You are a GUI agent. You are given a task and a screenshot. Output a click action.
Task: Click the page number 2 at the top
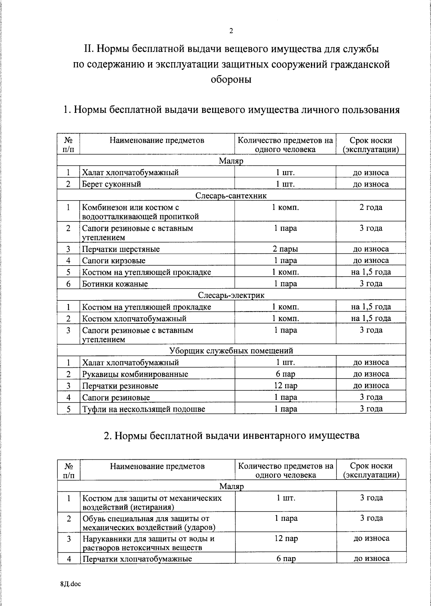coord(231,31)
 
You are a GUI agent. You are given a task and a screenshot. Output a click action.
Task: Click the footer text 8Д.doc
coord(71,584)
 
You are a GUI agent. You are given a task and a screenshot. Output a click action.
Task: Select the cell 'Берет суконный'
coord(112,184)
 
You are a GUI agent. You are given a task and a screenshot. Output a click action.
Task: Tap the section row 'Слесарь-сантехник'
coord(231,196)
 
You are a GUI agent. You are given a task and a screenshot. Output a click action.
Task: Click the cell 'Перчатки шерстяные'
coord(121,249)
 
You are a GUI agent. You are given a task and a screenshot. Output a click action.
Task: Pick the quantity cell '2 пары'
coord(285,249)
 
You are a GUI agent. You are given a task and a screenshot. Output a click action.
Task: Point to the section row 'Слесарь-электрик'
coord(231,295)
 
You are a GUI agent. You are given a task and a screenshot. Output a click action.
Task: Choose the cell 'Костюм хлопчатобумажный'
coord(134,318)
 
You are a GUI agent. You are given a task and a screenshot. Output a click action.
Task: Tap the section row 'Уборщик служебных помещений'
coord(231,350)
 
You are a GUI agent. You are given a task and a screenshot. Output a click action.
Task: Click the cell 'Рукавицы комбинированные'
coord(135,374)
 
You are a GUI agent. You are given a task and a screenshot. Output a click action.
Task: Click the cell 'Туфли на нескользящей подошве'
coord(144,409)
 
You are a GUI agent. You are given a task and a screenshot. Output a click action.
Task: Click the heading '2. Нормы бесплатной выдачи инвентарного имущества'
coord(231,436)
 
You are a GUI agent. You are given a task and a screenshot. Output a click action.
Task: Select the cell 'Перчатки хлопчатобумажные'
coord(137,559)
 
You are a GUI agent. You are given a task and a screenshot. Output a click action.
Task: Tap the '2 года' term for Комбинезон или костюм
coord(371,207)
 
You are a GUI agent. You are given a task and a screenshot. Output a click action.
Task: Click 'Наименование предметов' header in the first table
coord(157,141)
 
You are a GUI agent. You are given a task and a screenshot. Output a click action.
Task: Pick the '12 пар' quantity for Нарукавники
coord(286,538)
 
